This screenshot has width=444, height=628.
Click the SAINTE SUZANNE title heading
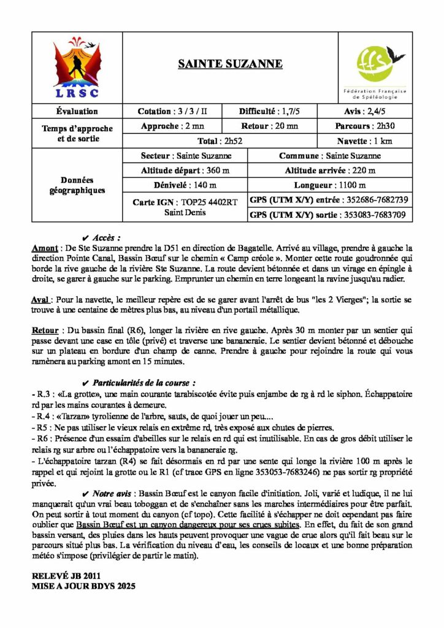(230, 64)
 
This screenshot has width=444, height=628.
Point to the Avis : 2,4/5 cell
(375, 111)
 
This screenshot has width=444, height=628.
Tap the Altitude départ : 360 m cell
(185, 170)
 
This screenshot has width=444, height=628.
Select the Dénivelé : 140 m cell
(185, 185)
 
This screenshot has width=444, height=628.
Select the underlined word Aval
(40, 301)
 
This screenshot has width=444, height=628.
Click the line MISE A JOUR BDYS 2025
(83, 586)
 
